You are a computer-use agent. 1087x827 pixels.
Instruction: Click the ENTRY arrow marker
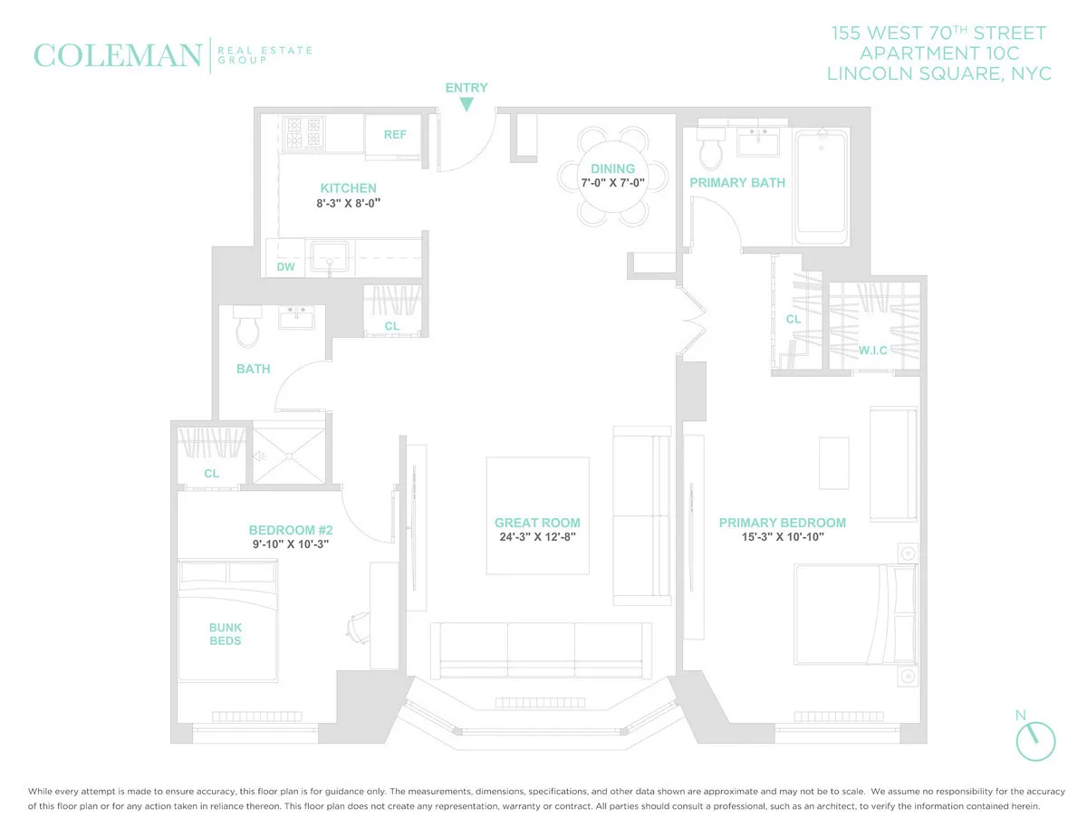pos(467,104)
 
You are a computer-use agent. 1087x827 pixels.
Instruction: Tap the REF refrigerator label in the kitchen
pos(395,135)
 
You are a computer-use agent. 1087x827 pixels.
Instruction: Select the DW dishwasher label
pos(285,267)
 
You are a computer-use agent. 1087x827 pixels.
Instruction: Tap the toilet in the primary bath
pos(708,149)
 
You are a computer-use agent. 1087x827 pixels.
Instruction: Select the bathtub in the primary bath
pos(821,187)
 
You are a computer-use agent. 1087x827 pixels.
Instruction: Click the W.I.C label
pos(872,350)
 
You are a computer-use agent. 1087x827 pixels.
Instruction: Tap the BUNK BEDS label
pos(226,634)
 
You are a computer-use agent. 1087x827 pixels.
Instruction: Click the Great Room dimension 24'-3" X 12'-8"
pos(536,536)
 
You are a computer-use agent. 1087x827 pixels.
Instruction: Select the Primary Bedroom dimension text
pos(783,536)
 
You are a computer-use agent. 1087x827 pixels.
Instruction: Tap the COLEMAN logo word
pos(117,56)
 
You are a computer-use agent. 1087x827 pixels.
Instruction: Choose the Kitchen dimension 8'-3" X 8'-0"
pos(348,204)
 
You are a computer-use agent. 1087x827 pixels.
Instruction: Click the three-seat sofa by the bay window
pos(541,649)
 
